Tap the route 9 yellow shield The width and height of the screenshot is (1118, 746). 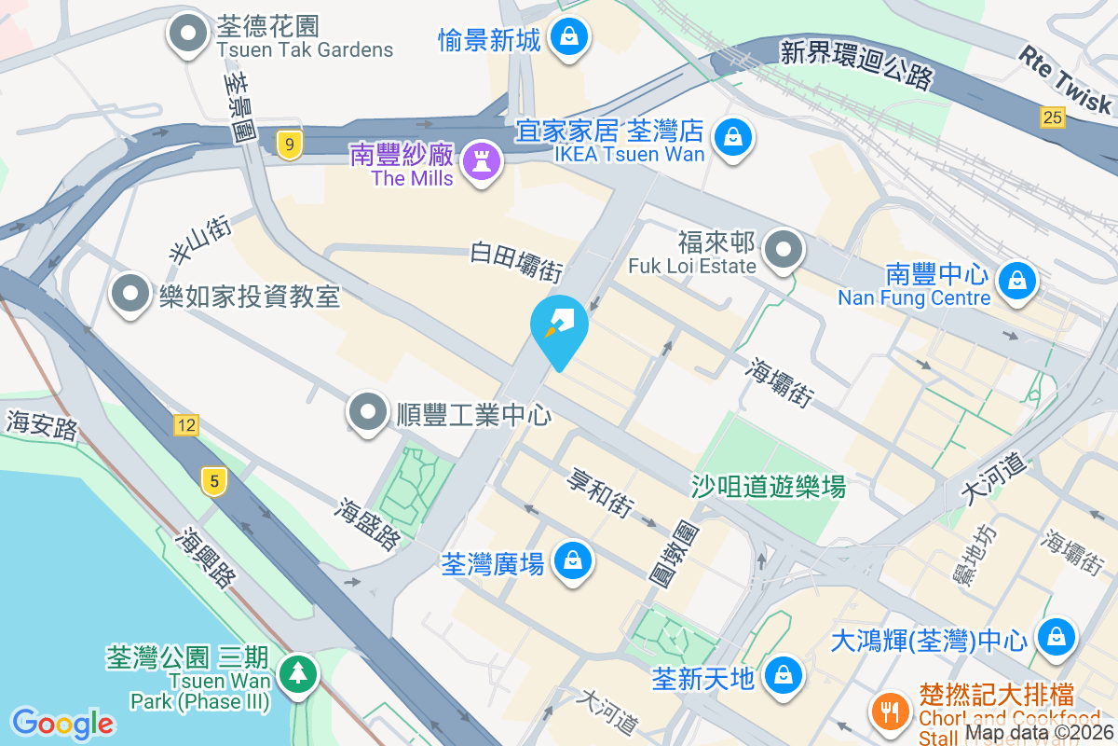point(290,145)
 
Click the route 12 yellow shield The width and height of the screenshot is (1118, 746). point(185,425)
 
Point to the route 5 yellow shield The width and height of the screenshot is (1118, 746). point(214,481)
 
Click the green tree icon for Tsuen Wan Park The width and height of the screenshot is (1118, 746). point(300,673)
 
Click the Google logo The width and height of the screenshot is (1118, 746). point(62,724)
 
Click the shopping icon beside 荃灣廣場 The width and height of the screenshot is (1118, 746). point(571,561)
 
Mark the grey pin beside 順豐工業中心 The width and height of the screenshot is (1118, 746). point(368,411)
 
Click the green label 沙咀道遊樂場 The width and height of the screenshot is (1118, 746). point(768,486)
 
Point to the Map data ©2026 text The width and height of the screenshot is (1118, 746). point(1040,734)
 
